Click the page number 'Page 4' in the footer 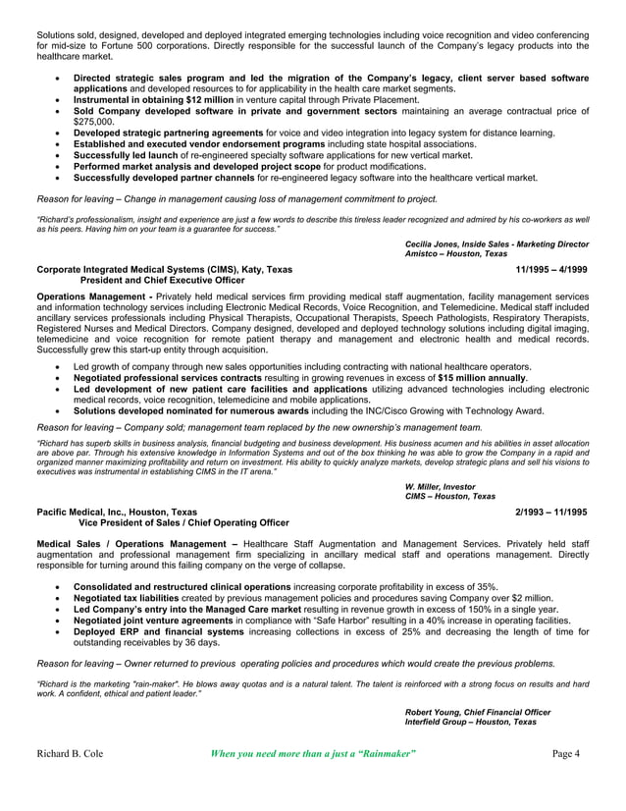point(566,754)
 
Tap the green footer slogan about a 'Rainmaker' point(314,754)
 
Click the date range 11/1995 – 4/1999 point(552,269)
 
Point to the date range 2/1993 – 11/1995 point(551,512)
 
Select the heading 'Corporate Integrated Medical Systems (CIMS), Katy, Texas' point(163,269)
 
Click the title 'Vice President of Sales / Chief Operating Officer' point(177,522)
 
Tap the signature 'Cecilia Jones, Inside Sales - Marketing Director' point(496,243)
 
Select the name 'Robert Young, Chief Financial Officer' point(477,712)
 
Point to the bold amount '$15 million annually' point(482,378)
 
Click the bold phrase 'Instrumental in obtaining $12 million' point(153,100)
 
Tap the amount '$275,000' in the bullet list point(97,122)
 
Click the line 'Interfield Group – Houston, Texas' point(470,722)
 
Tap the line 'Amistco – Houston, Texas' point(455,253)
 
